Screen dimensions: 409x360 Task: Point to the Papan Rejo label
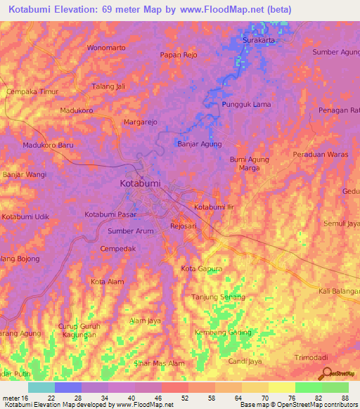pos(179,55)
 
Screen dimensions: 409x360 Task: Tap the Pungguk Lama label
pos(246,105)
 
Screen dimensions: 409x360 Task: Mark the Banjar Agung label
pos(199,144)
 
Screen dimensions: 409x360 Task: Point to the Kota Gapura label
pos(202,269)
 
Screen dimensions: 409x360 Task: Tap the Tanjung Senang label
pos(218,297)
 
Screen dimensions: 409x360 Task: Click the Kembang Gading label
pos(223,332)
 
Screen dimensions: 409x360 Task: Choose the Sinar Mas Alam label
pos(160,363)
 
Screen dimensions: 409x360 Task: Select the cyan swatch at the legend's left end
pos(41,387)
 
